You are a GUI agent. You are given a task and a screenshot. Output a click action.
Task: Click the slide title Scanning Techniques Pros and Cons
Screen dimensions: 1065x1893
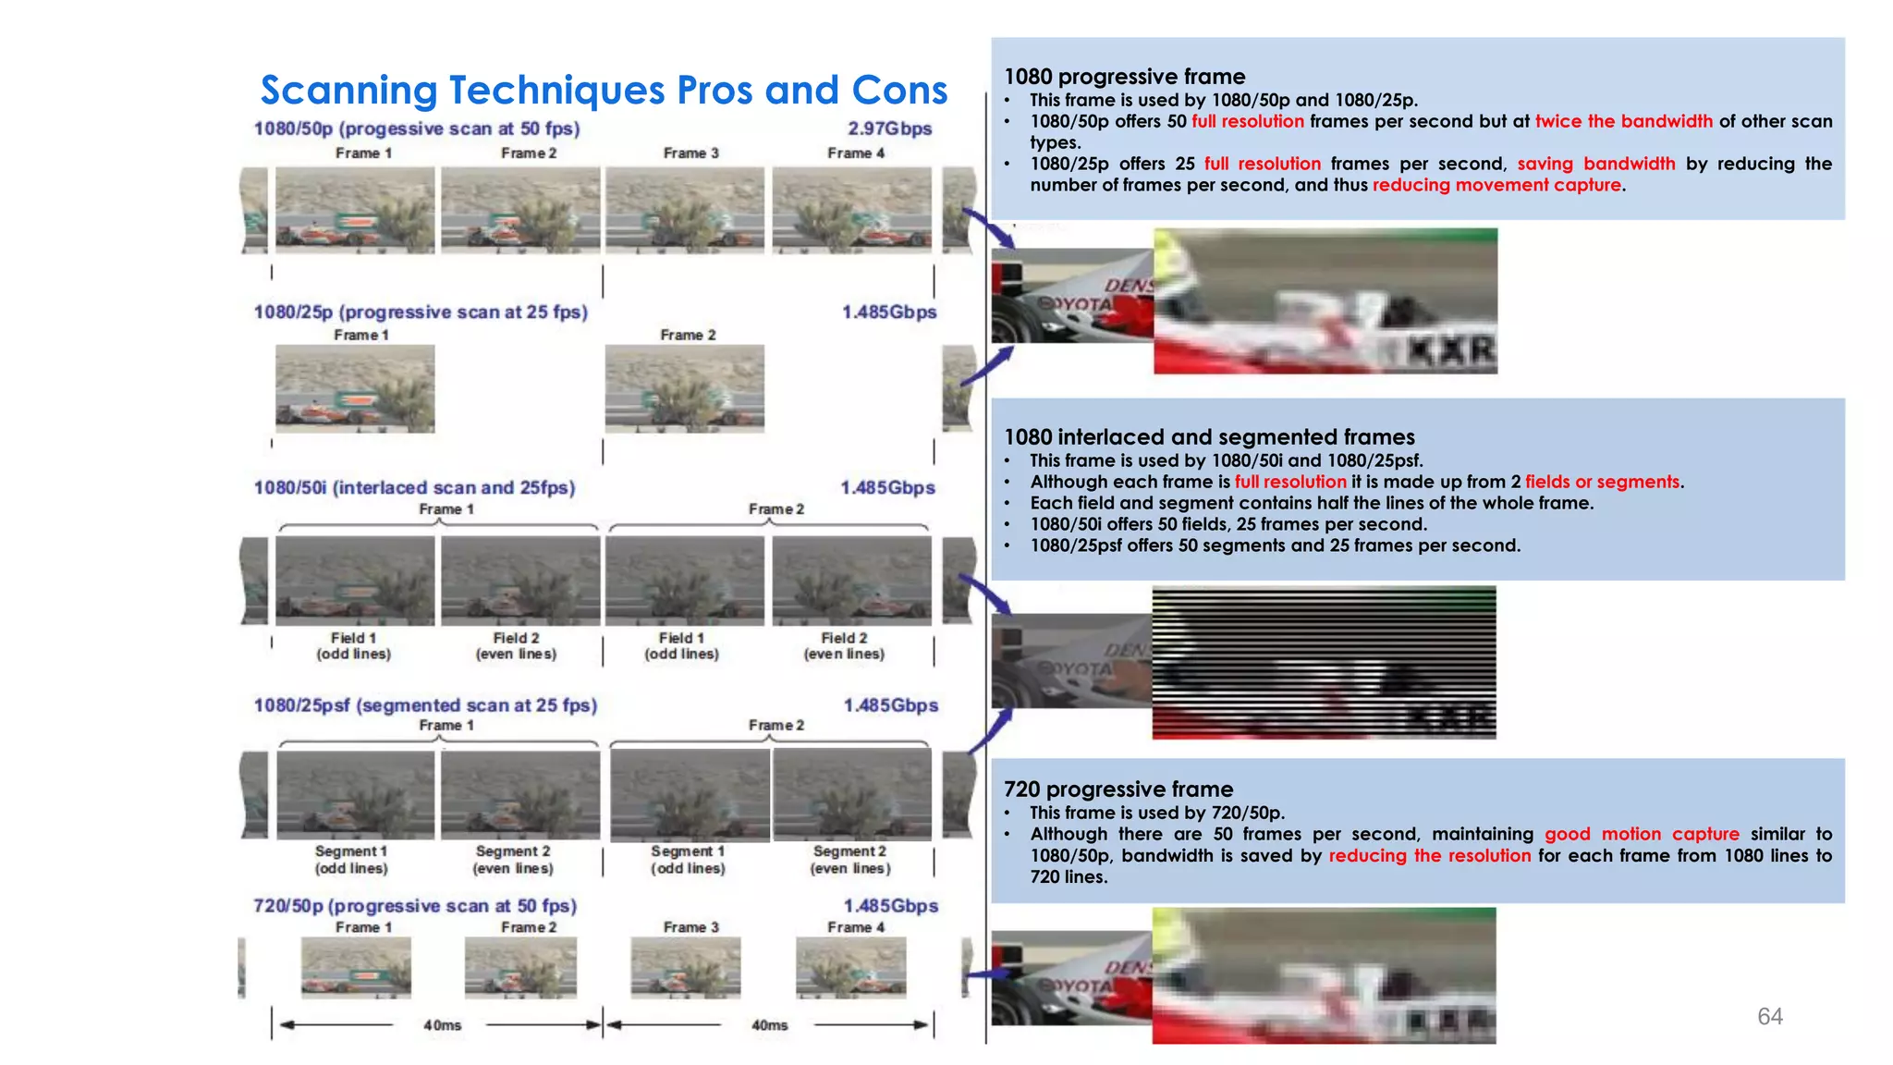604,91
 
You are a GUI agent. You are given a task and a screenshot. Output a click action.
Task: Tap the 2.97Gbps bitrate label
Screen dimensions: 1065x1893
889,129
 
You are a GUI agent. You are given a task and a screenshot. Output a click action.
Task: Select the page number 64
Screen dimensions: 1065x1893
1769,1016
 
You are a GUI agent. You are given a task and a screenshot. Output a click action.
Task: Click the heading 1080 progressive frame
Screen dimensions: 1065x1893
1124,77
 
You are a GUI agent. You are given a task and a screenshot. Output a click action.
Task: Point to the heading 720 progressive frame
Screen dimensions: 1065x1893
1117,789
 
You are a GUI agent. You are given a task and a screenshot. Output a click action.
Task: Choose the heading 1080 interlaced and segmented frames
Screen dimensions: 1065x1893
1208,436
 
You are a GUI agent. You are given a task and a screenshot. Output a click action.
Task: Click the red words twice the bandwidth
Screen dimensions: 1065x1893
1623,121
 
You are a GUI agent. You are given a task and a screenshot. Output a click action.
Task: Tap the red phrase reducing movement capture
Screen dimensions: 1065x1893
1496,185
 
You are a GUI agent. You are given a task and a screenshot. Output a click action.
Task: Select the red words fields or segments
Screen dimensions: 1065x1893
1602,482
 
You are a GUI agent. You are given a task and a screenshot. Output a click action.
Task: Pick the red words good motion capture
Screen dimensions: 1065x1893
1642,834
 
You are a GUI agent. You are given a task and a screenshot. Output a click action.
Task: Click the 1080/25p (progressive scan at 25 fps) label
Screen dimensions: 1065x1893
421,312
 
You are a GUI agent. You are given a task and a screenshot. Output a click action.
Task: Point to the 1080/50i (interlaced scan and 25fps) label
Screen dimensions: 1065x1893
414,487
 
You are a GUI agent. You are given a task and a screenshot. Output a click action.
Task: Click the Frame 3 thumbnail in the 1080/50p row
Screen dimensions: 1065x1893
685,210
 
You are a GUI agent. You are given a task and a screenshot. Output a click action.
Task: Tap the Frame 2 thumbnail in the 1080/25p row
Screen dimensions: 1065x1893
685,388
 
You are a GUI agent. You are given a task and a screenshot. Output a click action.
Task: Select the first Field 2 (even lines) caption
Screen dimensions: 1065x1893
516,645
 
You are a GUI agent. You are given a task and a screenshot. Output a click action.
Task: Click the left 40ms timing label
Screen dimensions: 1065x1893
442,1025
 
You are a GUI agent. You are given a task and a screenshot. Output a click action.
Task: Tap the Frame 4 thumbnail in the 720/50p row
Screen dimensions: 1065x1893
850,967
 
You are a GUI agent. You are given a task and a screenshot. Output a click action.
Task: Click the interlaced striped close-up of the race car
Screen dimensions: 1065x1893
1323,662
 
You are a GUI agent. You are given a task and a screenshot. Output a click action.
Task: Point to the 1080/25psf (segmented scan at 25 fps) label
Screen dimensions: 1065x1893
425,705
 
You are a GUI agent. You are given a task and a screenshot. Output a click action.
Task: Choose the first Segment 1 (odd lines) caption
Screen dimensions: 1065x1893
351,860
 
